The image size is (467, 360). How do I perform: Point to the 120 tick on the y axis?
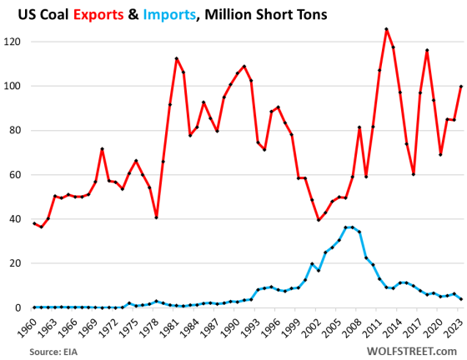click(x=15, y=41)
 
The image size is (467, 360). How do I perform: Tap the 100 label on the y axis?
click(x=15, y=86)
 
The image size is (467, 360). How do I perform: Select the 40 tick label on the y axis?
click(x=18, y=219)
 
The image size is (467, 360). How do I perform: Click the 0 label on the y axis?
click(x=21, y=307)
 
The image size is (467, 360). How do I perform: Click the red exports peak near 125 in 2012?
click(x=386, y=29)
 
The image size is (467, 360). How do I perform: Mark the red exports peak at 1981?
click(x=177, y=58)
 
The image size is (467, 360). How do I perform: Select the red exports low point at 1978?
click(x=156, y=217)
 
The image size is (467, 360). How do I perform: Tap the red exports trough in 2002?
click(x=319, y=220)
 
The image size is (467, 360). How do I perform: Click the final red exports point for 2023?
click(x=460, y=86)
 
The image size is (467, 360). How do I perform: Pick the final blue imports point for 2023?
click(x=460, y=299)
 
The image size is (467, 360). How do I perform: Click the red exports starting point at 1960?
click(x=33, y=223)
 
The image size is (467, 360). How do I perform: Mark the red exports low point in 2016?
click(x=414, y=174)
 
